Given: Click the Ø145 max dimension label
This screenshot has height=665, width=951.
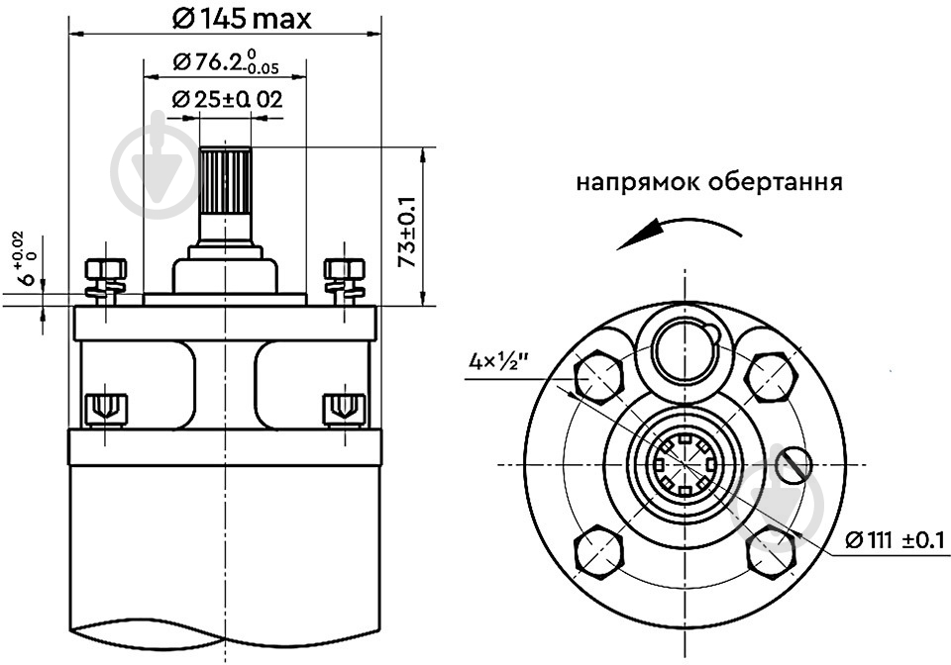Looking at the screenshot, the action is (x=242, y=20).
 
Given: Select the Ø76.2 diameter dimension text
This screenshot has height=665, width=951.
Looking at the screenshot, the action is (x=226, y=62).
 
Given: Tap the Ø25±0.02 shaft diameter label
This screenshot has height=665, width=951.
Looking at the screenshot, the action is (x=227, y=99).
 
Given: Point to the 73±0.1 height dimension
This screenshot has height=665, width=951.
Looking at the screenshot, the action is (x=407, y=232).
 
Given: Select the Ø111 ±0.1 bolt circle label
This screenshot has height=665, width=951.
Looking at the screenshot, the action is (x=895, y=539).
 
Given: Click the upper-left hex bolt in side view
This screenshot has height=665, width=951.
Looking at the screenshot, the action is (x=106, y=281).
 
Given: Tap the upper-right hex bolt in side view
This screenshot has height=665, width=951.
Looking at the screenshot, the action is (x=345, y=281).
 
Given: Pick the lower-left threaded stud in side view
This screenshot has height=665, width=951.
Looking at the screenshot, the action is (x=106, y=409).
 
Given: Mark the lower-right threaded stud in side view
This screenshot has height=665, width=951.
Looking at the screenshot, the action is (x=345, y=409).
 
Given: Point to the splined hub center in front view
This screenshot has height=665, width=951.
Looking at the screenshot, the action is (x=685, y=464).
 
